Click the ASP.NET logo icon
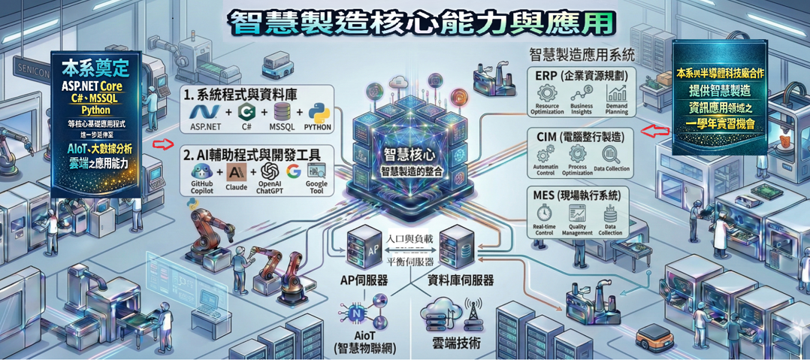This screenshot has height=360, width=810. click(204, 112)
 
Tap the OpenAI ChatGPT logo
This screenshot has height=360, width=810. click(269, 171)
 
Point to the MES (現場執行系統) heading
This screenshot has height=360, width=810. click(582, 195)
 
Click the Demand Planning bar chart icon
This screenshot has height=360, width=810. click(617, 94)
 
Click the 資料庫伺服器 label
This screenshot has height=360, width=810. click(461, 280)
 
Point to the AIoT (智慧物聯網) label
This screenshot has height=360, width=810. click(364, 342)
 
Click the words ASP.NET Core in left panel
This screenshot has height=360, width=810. click(96, 86)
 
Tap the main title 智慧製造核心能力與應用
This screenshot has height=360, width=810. click(421, 23)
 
